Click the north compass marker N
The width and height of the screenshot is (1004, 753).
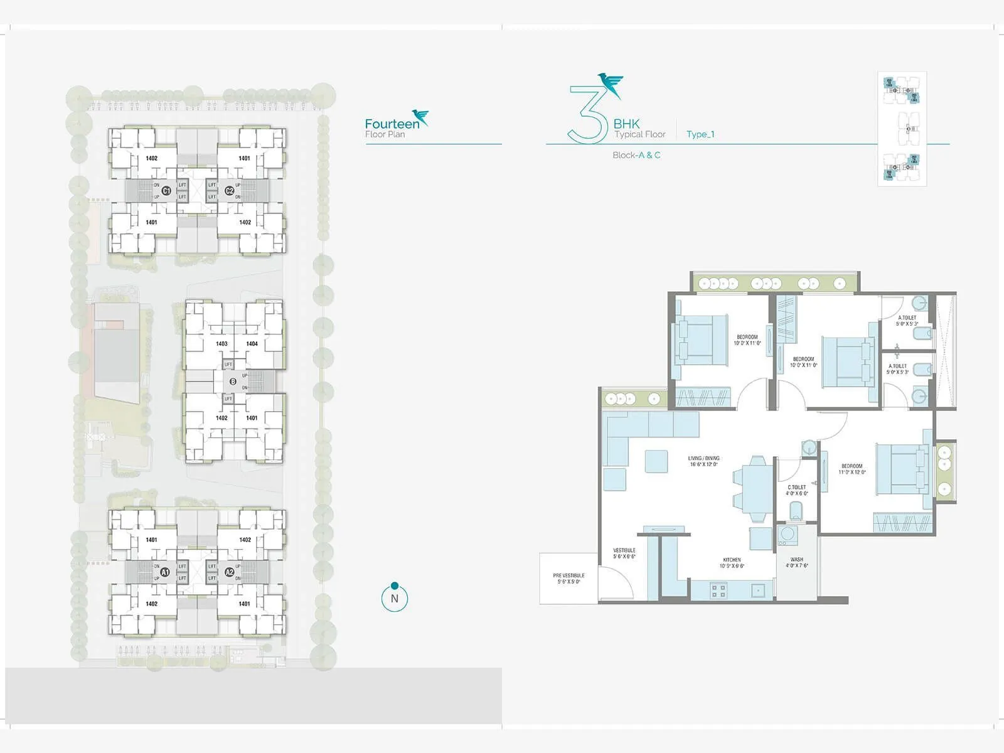[x=394, y=598]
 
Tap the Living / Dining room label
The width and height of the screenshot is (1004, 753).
[x=703, y=461]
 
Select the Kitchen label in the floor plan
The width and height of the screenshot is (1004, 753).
[x=732, y=562]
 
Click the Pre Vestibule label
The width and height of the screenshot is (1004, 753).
[x=569, y=578]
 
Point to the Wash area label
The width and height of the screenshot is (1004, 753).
[x=797, y=562]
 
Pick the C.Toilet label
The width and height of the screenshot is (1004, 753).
[x=797, y=490]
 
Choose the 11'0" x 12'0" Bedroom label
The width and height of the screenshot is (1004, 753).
[x=852, y=469]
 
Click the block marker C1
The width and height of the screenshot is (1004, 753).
[x=166, y=190]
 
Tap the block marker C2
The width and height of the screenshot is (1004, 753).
[x=229, y=190]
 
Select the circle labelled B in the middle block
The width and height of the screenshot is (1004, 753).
[x=233, y=382]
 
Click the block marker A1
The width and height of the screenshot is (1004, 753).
[x=165, y=572]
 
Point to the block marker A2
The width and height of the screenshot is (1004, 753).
[x=229, y=572]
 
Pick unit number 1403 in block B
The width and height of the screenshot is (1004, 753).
[x=221, y=344]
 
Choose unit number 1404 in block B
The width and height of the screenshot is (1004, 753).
[x=252, y=344]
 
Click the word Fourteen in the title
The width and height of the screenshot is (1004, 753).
[x=392, y=124]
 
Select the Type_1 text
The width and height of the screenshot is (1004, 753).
[x=700, y=134]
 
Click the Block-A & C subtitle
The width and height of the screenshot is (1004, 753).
[x=636, y=155]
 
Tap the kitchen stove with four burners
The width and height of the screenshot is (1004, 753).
[x=718, y=590]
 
